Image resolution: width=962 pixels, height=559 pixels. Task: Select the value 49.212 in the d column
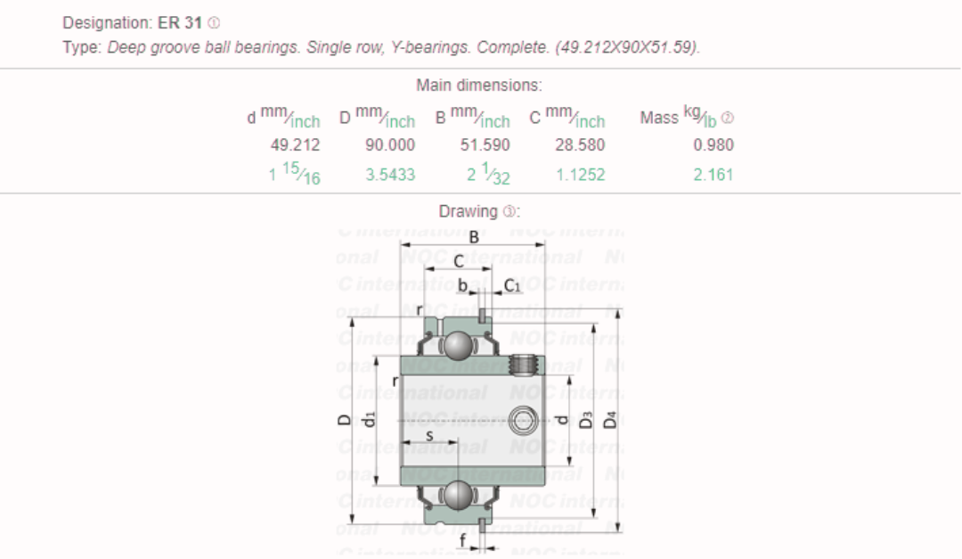point(295,144)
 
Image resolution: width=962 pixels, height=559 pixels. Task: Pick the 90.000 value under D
point(390,144)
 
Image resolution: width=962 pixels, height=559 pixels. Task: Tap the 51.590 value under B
point(485,144)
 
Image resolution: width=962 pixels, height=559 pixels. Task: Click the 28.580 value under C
point(580,144)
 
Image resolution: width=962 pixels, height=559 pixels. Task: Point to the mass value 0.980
point(713,144)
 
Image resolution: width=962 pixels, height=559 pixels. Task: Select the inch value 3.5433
point(390,175)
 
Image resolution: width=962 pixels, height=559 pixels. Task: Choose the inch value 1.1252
point(580,175)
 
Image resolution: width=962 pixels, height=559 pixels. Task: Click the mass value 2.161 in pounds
point(713,175)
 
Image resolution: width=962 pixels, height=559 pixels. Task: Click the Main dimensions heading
point(479,86)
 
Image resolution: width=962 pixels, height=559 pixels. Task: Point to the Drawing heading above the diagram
point(467,211)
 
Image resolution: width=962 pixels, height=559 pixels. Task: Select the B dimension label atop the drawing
point(474,237)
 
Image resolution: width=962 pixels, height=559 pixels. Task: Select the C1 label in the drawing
point(512,285)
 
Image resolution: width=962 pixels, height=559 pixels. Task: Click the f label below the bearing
point(462,539)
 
